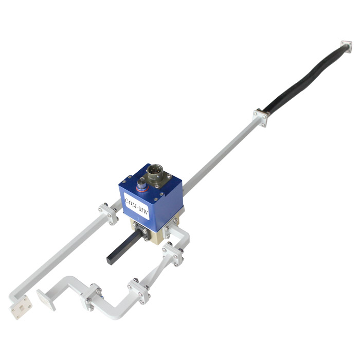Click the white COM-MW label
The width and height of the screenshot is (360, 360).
coord(137,206)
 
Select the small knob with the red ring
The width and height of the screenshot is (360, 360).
coord(142,185)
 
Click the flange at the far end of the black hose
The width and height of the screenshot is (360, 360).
coord(347,47)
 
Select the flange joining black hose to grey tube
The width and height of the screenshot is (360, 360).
coord(260,118)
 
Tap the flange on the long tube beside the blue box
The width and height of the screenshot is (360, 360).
coord(108,214)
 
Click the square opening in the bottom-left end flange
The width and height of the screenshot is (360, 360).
coord(22,309)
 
